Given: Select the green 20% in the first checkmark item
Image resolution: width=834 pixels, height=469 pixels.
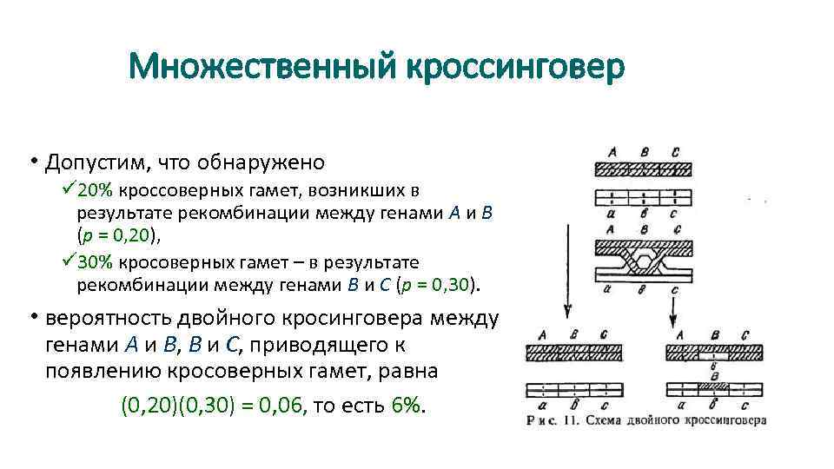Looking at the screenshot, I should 98,189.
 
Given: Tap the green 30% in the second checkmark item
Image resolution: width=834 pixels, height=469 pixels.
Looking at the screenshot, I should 98,261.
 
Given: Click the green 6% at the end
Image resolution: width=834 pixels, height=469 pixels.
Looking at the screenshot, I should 407,406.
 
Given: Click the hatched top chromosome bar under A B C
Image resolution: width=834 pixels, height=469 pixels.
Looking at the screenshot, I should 643,170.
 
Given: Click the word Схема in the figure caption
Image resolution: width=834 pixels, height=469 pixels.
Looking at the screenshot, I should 606,420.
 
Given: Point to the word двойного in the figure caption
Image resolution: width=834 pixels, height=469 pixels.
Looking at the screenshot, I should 661,420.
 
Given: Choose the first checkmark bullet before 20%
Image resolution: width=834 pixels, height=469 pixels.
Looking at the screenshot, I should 69,188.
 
